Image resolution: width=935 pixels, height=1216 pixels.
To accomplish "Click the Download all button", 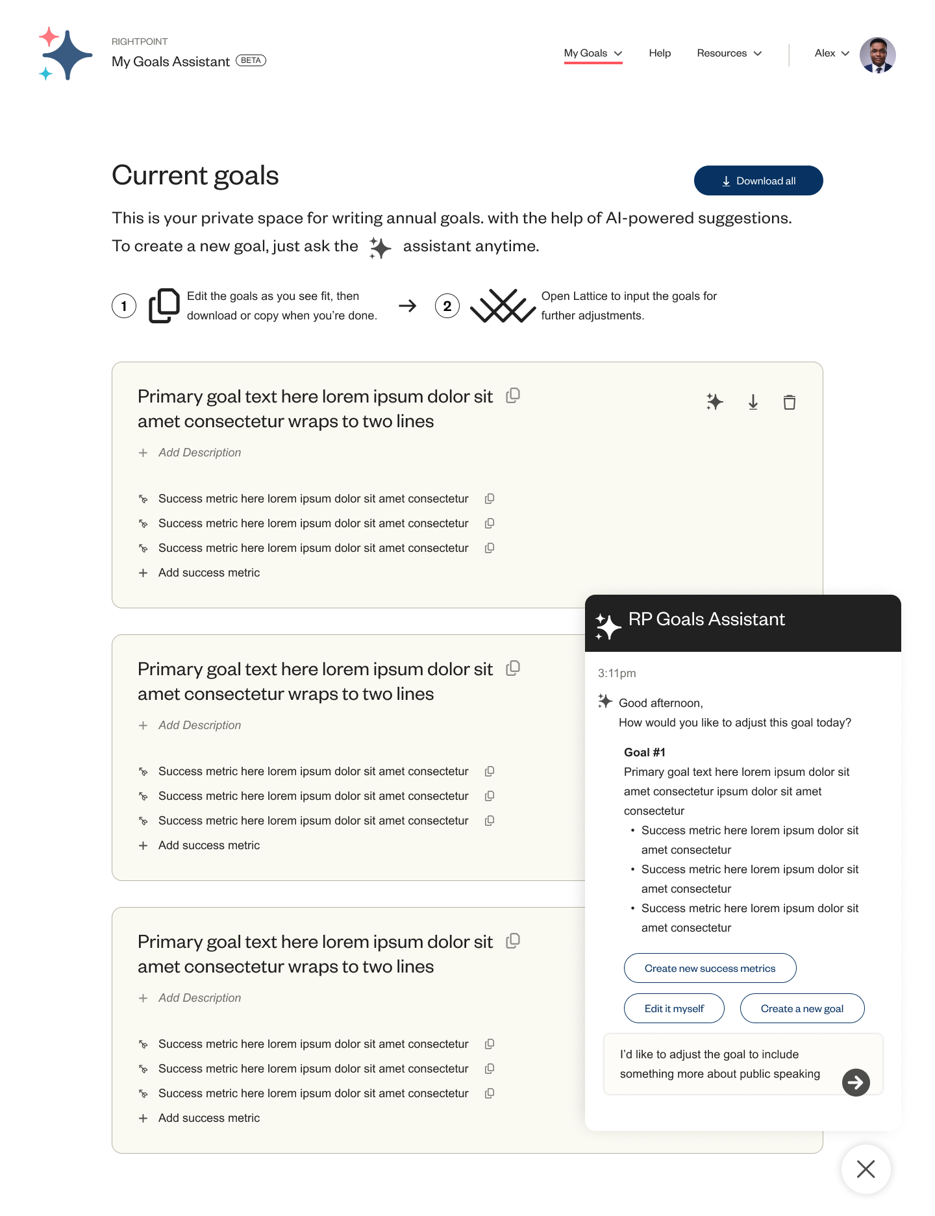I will pos(758,180).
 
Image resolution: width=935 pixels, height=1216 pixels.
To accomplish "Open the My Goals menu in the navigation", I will pos(592,53).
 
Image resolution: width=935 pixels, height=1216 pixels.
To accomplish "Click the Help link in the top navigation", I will pos(660,53).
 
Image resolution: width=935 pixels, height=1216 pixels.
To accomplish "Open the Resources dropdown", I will pos(729,53).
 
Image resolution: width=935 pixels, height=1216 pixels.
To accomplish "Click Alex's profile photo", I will pos(877,55).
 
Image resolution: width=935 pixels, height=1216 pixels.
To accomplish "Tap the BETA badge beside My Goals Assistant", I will pos(251,60).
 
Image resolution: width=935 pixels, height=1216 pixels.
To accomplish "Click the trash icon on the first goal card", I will pos(789,403).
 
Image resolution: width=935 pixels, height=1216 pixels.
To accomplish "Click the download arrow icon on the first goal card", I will pos(753,403).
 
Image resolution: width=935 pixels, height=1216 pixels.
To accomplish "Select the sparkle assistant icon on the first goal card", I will pos(714,402).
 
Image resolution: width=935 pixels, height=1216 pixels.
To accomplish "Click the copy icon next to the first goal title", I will pos(513,395).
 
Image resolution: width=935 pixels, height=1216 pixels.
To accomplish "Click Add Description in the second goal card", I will pos(199,725).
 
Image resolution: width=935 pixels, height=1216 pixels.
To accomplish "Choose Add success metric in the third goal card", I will pos(208,1118).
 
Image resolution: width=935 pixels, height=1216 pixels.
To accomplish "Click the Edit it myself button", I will pos(674,1008).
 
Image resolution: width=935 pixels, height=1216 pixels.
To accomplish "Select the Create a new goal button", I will pos(802,1008).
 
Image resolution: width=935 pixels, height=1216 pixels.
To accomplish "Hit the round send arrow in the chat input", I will pos(856,1082).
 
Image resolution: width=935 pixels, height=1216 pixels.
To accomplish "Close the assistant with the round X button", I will pos(866,1169).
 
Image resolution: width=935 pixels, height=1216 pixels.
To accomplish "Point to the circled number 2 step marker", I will pos(447,306).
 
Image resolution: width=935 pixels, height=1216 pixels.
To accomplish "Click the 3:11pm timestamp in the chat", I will pos(617,673).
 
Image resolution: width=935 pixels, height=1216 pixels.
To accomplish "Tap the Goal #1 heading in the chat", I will pos(644,752).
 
